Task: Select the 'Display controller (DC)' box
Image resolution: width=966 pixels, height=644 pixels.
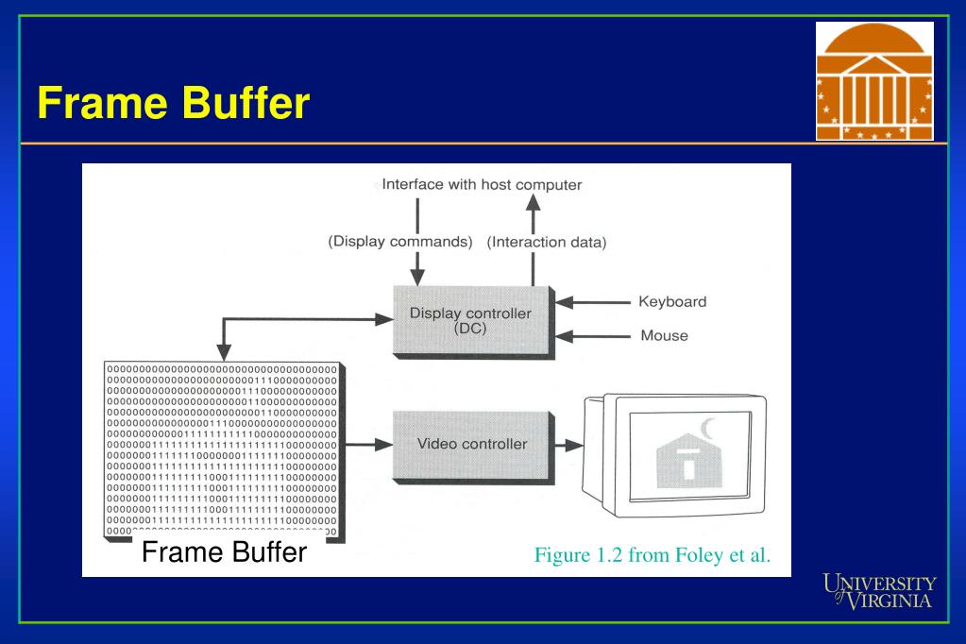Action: pyautogui.click(x=470, y=320)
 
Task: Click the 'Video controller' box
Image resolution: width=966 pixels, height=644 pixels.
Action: pyautogui.click(x=472, y=443)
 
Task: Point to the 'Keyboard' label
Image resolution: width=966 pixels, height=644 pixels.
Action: pyautogui.click(x=672, y=302)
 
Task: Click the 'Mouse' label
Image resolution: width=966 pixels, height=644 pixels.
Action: pyautogui.click(x=664, y=335)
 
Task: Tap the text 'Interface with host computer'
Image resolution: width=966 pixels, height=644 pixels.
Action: pyautogui.click(x=482, y=184)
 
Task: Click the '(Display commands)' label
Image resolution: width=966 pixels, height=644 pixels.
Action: pyautogui.click(x=399, y=241)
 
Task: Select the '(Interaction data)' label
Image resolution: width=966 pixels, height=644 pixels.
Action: pyautogui.click(x=547, y=242)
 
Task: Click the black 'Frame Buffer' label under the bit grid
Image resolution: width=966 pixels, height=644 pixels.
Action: pyautogui.click(x=224, y=551)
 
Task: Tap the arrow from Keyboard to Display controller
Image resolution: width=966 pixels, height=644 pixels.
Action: pyautogui.click(x=593, y=302)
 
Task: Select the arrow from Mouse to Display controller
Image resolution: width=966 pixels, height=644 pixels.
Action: pyautogui.click(x=593, y=335)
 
